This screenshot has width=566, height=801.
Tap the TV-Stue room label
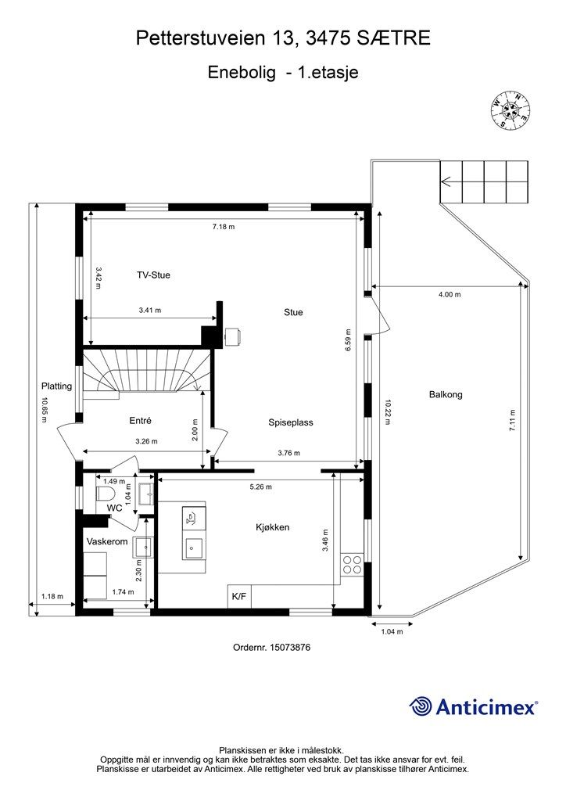tap(153, 275)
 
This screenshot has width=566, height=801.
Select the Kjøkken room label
tap(272, 527)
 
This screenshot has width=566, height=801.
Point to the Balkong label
tap(446, 395)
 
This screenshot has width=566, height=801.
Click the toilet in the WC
tap(106, 494)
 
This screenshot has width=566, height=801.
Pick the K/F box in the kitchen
tap(238, 597)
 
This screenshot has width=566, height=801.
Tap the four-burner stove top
tap(352, 564)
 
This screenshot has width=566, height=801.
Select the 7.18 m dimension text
tap(224, 227)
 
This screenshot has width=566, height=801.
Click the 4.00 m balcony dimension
tap(449, 295)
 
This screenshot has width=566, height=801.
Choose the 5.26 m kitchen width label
tap(260, 487)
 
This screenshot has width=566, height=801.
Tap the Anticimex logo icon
tap(421, 706)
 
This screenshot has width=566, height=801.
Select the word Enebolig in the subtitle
tap(242, 73)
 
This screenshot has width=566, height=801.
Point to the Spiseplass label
tap(291, 422)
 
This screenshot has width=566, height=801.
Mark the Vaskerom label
tap(106, 541)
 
